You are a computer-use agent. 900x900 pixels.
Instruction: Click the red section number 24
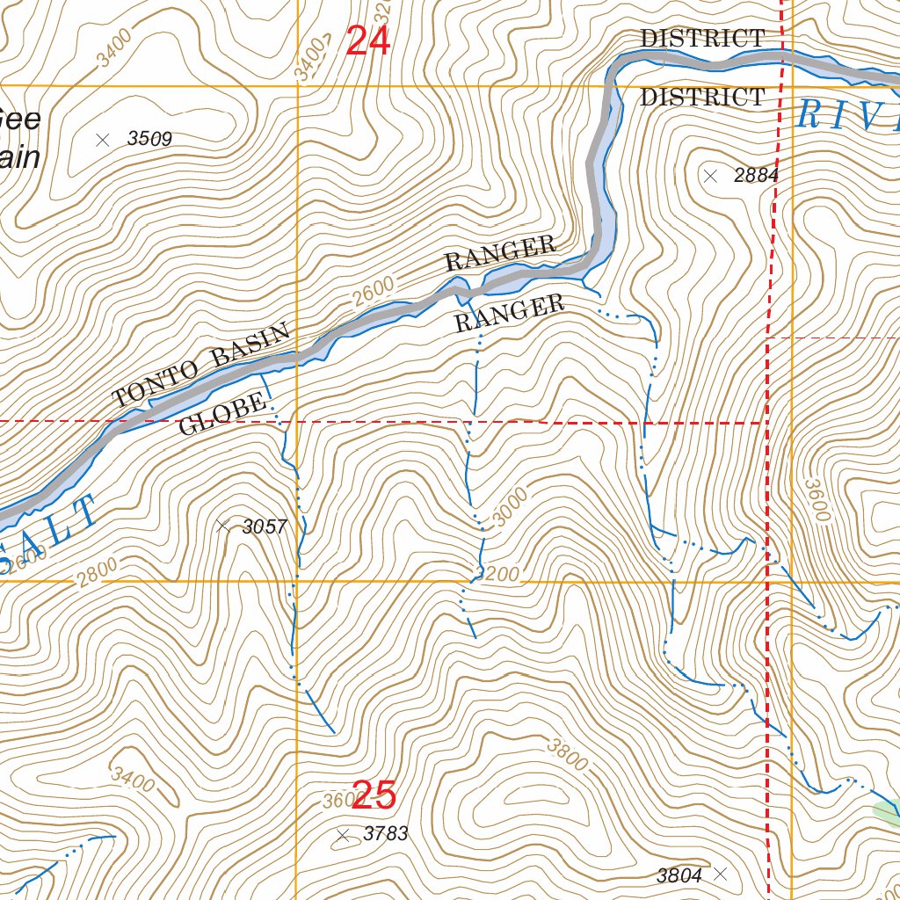coord(367,40)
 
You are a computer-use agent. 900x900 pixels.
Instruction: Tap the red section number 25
coord(374,796)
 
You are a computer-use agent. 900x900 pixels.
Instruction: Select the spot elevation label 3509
coord(149,139)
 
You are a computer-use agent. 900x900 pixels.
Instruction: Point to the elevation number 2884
coord(756,176)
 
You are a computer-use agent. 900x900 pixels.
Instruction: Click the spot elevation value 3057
coord(265,526)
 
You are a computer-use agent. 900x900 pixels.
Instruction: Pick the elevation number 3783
coord(385,833)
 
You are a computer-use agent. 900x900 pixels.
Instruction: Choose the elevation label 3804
coord(679,875)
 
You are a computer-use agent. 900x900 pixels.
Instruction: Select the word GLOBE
coord(221,415)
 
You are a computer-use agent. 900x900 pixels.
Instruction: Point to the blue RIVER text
coord(848,115)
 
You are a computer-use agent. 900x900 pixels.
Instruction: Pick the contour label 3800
coord(566,753)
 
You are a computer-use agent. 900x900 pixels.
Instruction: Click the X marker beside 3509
coord(103,139)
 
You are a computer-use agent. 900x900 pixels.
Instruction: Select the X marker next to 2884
coord(710,176)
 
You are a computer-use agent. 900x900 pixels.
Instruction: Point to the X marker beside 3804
coord(721,874)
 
